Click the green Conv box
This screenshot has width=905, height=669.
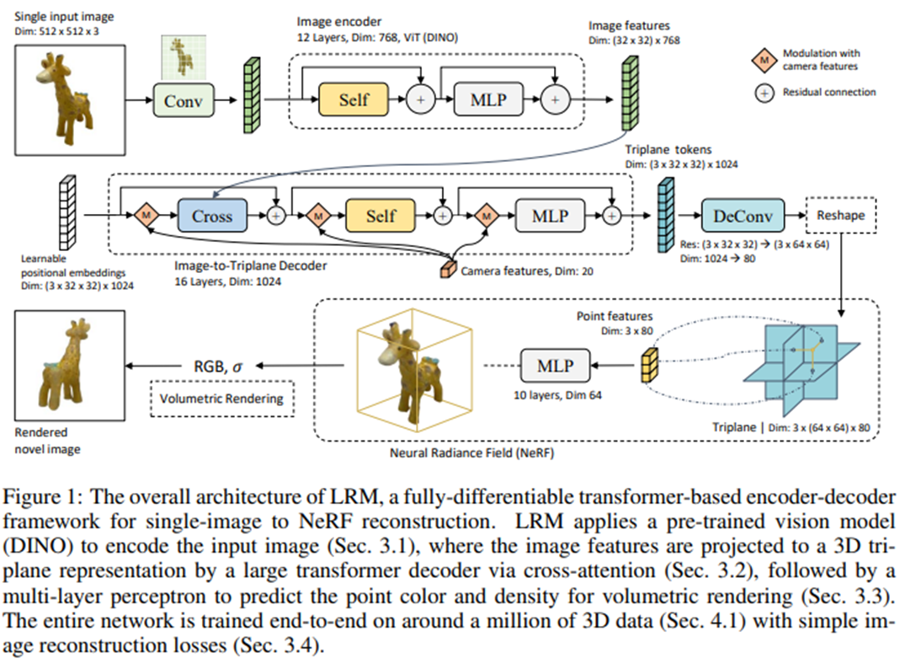pyautogui.click(x=184, y=99)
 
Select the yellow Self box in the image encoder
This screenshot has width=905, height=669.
pyautogui.click(x=354, y=99)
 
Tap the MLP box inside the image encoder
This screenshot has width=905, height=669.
pyautogui.click(x=488, y=99)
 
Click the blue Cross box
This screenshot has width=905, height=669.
pyautogui.click(x=211, y=216)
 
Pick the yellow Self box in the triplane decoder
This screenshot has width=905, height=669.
pyautogui.click(x=381, y=216)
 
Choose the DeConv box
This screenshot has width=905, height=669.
pyautogui.click(x=743, y=216)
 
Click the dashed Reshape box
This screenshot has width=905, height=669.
pyautogui.click(x=840, y=215)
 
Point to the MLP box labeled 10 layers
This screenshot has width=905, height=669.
pyautogui.click(x=556, y=366)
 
